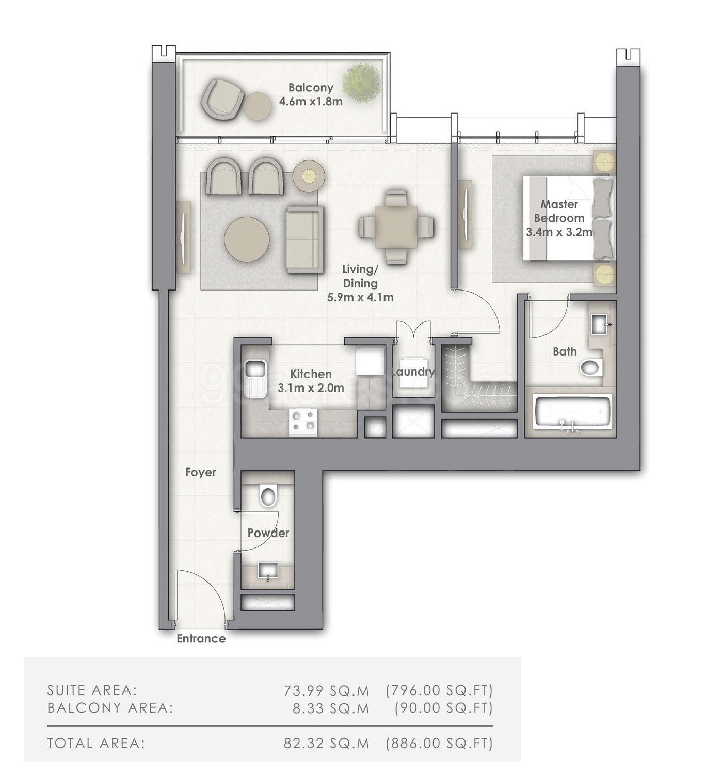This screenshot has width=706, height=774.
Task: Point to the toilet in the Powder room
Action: tap(268, 496)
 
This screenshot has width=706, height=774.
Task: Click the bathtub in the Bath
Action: tap(573, 412)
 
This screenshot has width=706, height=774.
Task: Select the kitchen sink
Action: tap(254, 378)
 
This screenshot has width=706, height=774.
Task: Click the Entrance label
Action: tap(201, 639)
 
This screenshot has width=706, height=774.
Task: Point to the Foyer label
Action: tap(200, 472)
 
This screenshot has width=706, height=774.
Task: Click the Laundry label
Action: tap(413, 372)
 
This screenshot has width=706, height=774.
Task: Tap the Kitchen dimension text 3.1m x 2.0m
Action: tap(311, 388)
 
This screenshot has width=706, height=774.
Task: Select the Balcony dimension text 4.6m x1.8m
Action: tap(311, 102)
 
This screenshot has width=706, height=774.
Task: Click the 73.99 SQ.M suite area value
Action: tap(326, 690)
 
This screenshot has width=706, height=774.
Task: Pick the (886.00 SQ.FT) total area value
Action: tap(439, 743)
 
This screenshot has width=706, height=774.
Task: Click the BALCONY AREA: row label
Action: tap(110, 708)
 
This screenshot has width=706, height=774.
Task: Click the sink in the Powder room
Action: tap(268, 571)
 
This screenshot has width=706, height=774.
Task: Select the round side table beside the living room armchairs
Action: tap(308, 176)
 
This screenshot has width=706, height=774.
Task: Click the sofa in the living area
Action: tap(305, 239)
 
